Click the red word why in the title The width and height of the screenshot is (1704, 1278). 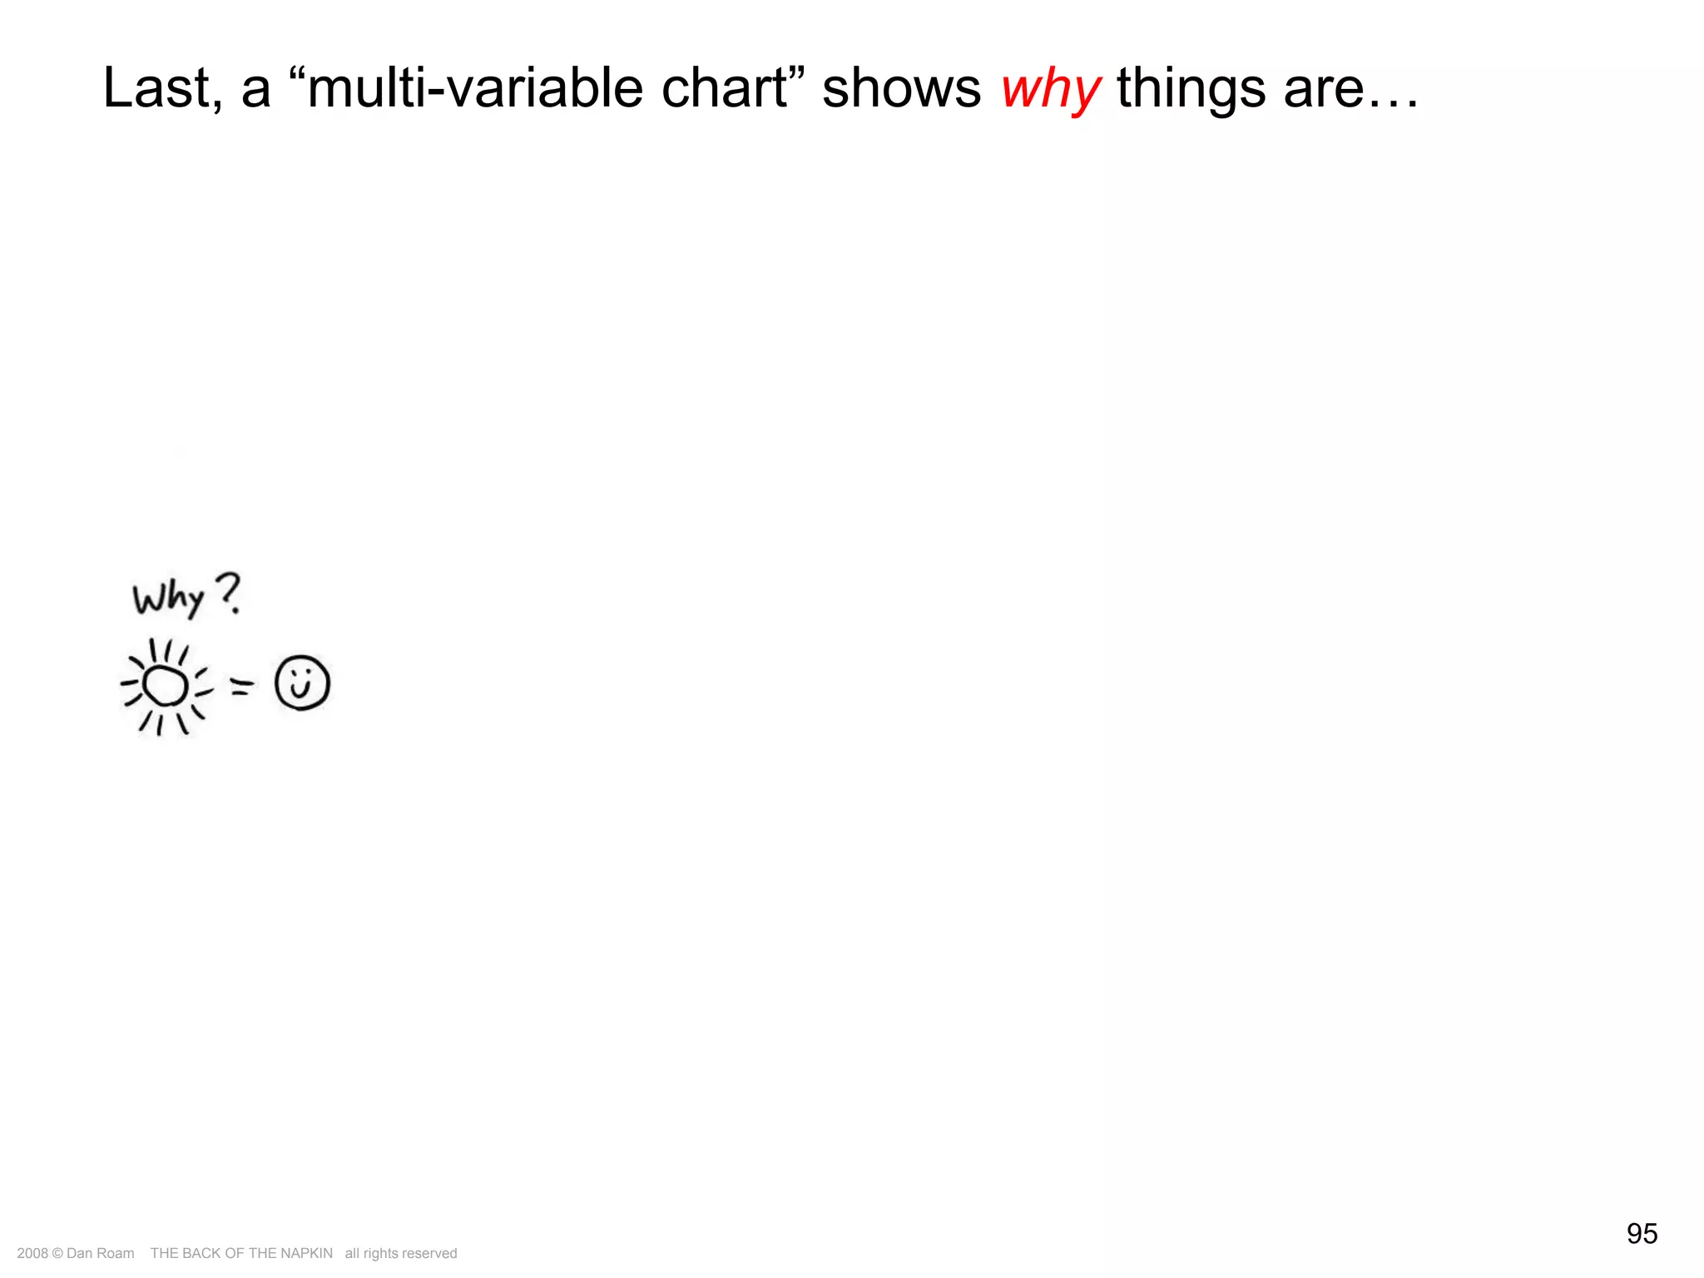pos(1050,90)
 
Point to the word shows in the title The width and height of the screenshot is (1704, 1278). pos(901,88)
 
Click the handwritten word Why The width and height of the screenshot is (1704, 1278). pos(168,597)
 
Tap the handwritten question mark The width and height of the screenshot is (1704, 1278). pos(229,592)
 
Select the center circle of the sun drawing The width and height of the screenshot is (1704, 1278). pos(165,686)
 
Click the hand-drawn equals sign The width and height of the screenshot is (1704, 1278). pos(241,686)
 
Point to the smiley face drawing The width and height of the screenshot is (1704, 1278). pos(302,683)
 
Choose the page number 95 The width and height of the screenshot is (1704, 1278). pos(1642,1233)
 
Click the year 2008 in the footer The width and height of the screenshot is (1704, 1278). pos(32,1253)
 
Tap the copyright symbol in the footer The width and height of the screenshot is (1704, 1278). pos(57,1253)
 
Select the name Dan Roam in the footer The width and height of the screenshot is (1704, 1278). pos(100,1253)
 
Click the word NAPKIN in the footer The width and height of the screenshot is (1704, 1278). pos(306,1253)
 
